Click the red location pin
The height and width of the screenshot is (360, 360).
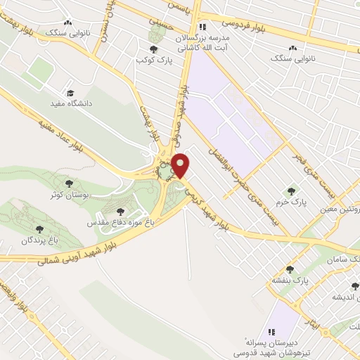coord(181,165)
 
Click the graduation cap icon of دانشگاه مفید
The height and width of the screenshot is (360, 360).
coord(70,93)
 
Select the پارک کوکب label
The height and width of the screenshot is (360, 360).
coord(155,60)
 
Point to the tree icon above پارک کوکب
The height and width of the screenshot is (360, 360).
coord(154,49)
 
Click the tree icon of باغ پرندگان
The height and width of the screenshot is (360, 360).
coord(38,229)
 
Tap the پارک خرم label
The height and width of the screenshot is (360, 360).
coord(291,202)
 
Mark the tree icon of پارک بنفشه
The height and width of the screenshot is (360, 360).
coord(289,269)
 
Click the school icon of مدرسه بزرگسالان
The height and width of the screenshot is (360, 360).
coord(203,27)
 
